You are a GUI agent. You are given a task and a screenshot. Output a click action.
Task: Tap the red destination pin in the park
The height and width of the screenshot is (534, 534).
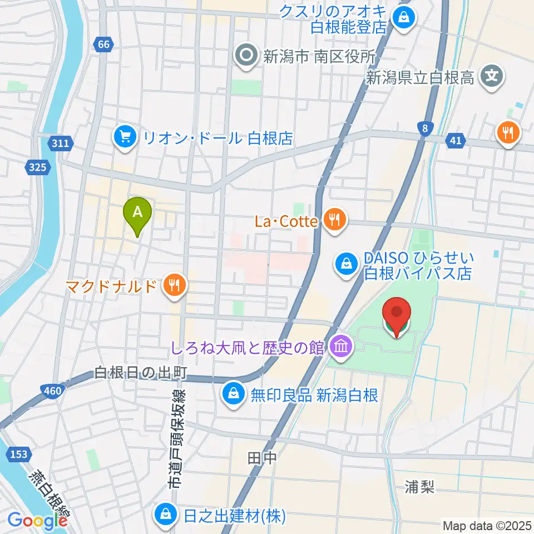click(x=396, y=315)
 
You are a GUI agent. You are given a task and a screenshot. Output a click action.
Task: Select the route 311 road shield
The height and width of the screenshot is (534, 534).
click(x=61, y=144)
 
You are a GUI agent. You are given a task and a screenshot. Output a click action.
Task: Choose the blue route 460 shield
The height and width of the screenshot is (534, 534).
click(x=52, y=392)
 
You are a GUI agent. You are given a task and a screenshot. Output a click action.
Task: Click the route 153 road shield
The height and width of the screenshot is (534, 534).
click(x=18, y=454)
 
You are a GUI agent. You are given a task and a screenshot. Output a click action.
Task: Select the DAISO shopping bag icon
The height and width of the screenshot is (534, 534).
click(x=347, y=263)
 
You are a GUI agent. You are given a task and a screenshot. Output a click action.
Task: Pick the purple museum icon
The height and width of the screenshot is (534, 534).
click(x=340, y=348)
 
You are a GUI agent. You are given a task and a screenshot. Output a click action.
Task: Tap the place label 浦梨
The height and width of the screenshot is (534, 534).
click(x=420, y=487)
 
